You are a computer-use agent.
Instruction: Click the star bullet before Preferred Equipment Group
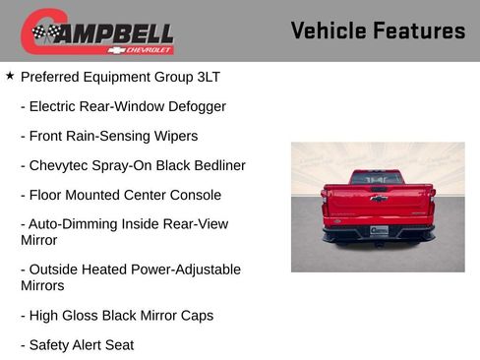pos(10,75)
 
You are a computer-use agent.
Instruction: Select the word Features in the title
pos(419,30)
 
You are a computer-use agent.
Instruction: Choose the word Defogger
pos(193,106)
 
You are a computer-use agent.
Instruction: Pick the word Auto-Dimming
pos(72,224)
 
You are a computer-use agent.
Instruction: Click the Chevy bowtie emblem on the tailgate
pos(378,199)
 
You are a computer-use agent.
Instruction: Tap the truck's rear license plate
pos(379,229)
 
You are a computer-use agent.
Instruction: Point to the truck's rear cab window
pos(377,177)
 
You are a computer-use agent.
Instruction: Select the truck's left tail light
pos(330,203)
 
